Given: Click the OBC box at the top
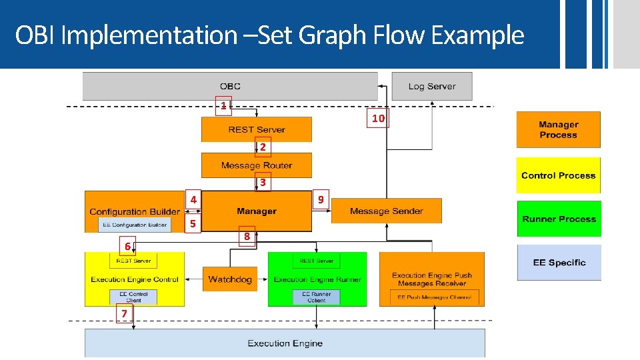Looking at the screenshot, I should [230, 86].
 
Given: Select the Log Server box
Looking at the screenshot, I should [431, 86].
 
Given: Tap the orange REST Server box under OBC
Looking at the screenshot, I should [256, 129].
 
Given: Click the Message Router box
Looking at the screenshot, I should [256, 165].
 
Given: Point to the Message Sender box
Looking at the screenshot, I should [386, 211].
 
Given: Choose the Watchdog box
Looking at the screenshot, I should [230, 279].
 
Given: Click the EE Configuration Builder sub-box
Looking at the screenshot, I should [135, 225].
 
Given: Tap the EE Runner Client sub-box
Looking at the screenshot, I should [317, 297].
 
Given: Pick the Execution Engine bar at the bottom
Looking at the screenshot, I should [285, 343].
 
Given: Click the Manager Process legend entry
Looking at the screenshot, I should [558, 129].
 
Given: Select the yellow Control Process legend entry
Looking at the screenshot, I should [558, 175].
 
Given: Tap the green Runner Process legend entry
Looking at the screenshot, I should [559, 219].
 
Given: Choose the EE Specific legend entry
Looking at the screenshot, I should [559, 262].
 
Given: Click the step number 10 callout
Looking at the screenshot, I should [378, 119].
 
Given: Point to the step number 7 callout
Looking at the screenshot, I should [123, 313].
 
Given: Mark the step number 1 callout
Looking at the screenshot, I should [224, 105].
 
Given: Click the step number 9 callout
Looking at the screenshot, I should [321, 199].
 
